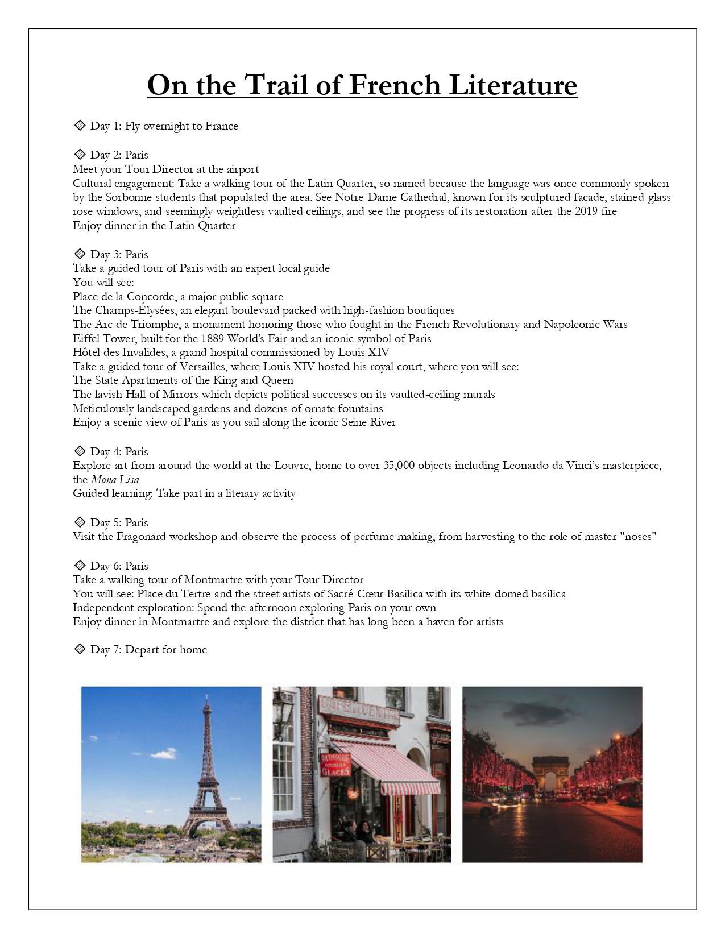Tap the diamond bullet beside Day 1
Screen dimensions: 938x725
[80, 125]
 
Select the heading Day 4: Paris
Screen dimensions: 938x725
[119, 452]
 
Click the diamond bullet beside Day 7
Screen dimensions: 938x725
[80, 649]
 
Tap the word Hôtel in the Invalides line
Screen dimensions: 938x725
[87, 352]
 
